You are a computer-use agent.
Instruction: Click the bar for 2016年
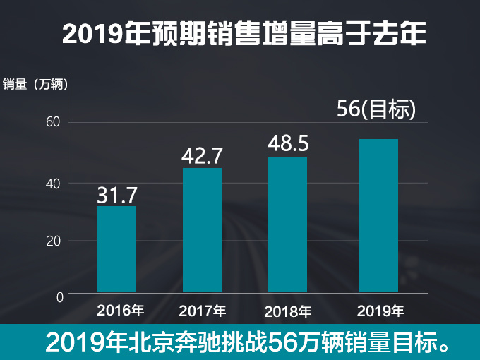tap(116, 249)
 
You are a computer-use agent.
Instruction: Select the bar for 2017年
tap(202, 230)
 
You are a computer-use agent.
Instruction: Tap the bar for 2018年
tap(287, 224)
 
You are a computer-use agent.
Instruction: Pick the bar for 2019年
tap(378, 216)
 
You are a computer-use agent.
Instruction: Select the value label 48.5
tap(288, 144)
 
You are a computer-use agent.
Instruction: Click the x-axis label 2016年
tap(121, 309)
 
